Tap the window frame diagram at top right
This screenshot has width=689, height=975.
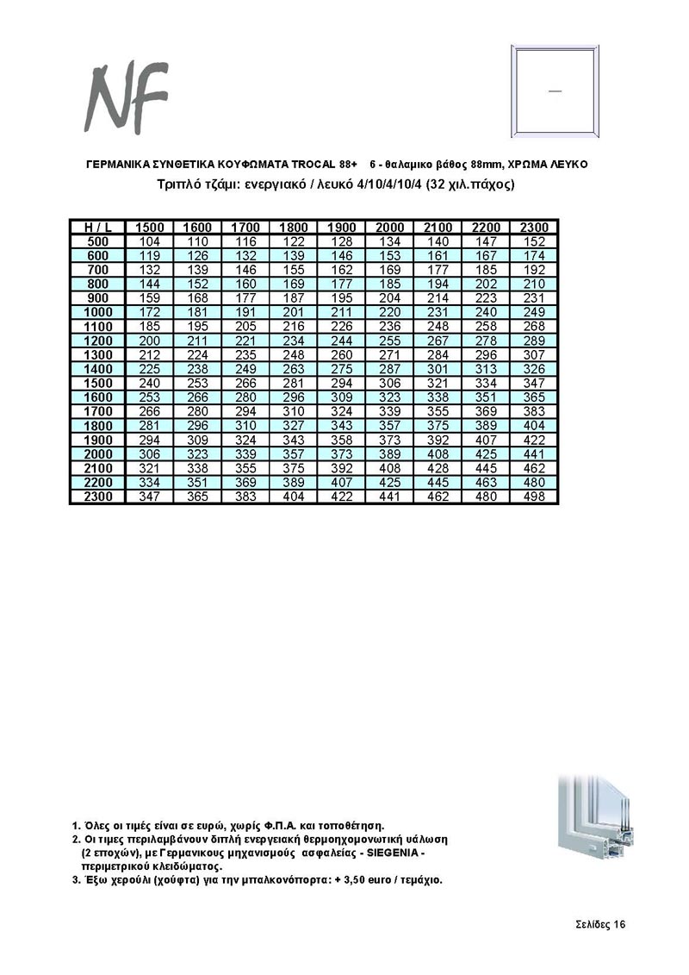(x=553, y=90)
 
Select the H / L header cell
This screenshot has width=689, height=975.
(x=97, y=227)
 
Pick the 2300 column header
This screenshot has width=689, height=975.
(x=534, y=227)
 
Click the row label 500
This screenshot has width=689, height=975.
(x=97, y=241)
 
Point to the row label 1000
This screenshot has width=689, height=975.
(x=97, y=311)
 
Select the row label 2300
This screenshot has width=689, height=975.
(x=97, y=497)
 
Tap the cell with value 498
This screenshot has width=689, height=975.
(x=534, y=497)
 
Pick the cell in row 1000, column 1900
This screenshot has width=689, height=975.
(x=342, y=311)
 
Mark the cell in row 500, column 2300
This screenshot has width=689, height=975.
(x=534, y=241)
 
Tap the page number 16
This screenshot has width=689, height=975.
(x=618, y=925)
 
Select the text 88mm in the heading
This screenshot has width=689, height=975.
(x=487, y=164)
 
